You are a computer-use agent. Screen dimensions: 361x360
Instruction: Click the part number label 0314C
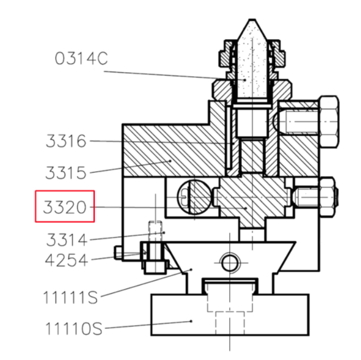tap(81, 59)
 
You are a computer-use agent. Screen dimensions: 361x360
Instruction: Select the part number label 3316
tap(66, 141)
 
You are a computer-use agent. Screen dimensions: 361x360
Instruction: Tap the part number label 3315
tap(66, 173)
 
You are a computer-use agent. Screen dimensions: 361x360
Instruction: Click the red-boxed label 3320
tap(65, 207)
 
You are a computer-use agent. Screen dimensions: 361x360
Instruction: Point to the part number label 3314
tap(67, 240)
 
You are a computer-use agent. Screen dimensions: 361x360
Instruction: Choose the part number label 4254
tap(66, 260)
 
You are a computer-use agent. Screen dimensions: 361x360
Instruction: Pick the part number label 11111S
tap(71, 297)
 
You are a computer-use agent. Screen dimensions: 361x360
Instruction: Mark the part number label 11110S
tap(74, 328)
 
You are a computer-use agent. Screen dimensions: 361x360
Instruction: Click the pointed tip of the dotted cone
tap(252, 20)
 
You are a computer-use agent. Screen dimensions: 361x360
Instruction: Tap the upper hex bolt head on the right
tap(329, 121)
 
